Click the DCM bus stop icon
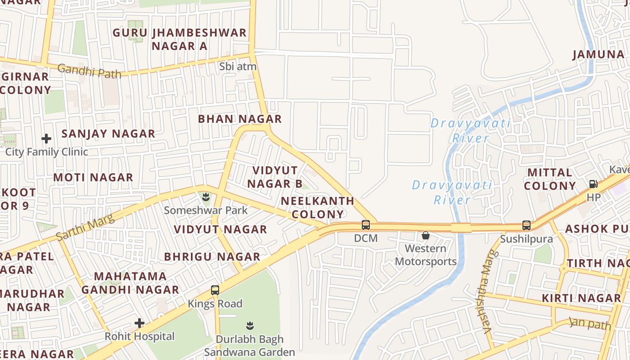pyautogui.click(x=366, y=225)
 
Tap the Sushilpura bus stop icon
pyautogui.click(x=526, y=225)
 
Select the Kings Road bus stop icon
pyautogui.click(x=215, y=290)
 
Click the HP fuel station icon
pyautogui.click(x=593, y=184)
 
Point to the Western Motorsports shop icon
pyautogui.click(x=425, y=235)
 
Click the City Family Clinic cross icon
pyautogui.click(x=46, y=139)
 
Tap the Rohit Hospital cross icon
pyautogui.click(x=139, y=323)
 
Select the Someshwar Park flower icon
pyautogui.click(x=206, y=197)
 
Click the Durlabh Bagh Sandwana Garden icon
pyautogui.click(x=250, y=325)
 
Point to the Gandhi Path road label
pyautogui.click(x=89, y=71)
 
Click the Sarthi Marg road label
pyautogui.click(x=85, y=228)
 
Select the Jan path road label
pyautogui.click(x=590, y=323)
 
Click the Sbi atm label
pyautogui.click(x=238, y=67)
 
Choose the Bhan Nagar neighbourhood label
pyautogui.click(x=240, y=119)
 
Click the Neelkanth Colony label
pyautogui.click(x=318, y=207)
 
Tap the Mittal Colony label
pyautogui.click(x=550, y=179)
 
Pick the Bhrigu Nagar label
pyautogui.click(x=212, y=256)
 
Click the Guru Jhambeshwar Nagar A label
pyautogui.click(x=180, y=39)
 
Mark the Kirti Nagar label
pyautogui.click(x=581, y=298)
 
